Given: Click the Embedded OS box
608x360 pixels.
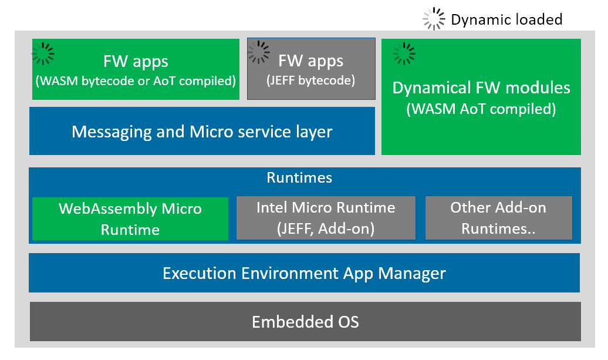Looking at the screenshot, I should click(x=305, y=321).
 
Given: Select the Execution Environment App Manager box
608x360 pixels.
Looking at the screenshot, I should click(x=305, y=272).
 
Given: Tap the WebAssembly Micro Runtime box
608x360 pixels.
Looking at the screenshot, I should click(x=130, y=218).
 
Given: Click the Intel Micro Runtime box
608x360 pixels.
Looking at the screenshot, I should click(x=326, y=218).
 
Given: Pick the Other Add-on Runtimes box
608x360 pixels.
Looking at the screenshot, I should click(x=498, y=218).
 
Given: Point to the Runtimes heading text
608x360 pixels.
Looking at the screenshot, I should click(x=299, y=177).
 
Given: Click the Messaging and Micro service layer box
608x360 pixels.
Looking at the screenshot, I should click(x=202, y=131).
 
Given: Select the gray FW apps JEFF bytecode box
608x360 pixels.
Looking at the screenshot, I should click(x=311, y=69).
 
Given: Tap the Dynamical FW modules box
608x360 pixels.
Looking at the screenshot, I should click(x=481, y=97).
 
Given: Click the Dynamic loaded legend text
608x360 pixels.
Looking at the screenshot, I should click(x=506, y=19).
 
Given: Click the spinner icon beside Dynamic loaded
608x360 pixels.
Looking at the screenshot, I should click(x=434, y=19).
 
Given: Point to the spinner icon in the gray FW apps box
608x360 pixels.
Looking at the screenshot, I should click(x=259, y=52).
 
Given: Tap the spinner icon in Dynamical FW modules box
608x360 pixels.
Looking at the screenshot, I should click(x=404, y=53).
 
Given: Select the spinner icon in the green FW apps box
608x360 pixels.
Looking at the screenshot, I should click(x=43, y=53).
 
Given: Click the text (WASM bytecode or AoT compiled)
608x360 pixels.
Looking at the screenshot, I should click(x=136, y=80).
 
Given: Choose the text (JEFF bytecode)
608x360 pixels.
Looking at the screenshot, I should click(x=311, y=80).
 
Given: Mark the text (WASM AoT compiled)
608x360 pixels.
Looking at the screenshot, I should click(x=481, y=109).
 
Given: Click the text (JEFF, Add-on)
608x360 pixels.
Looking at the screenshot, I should click(x=326, y=228).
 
